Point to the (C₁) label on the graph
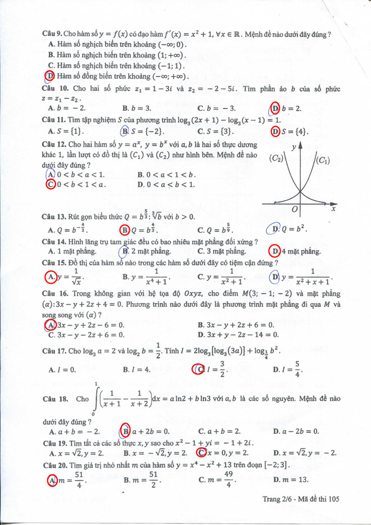point(323,161)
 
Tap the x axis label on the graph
point(333,209)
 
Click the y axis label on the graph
point(295,147)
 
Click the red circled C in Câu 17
point(198,369)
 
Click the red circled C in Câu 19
point(200,452)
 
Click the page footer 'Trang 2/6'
point(280,499)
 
